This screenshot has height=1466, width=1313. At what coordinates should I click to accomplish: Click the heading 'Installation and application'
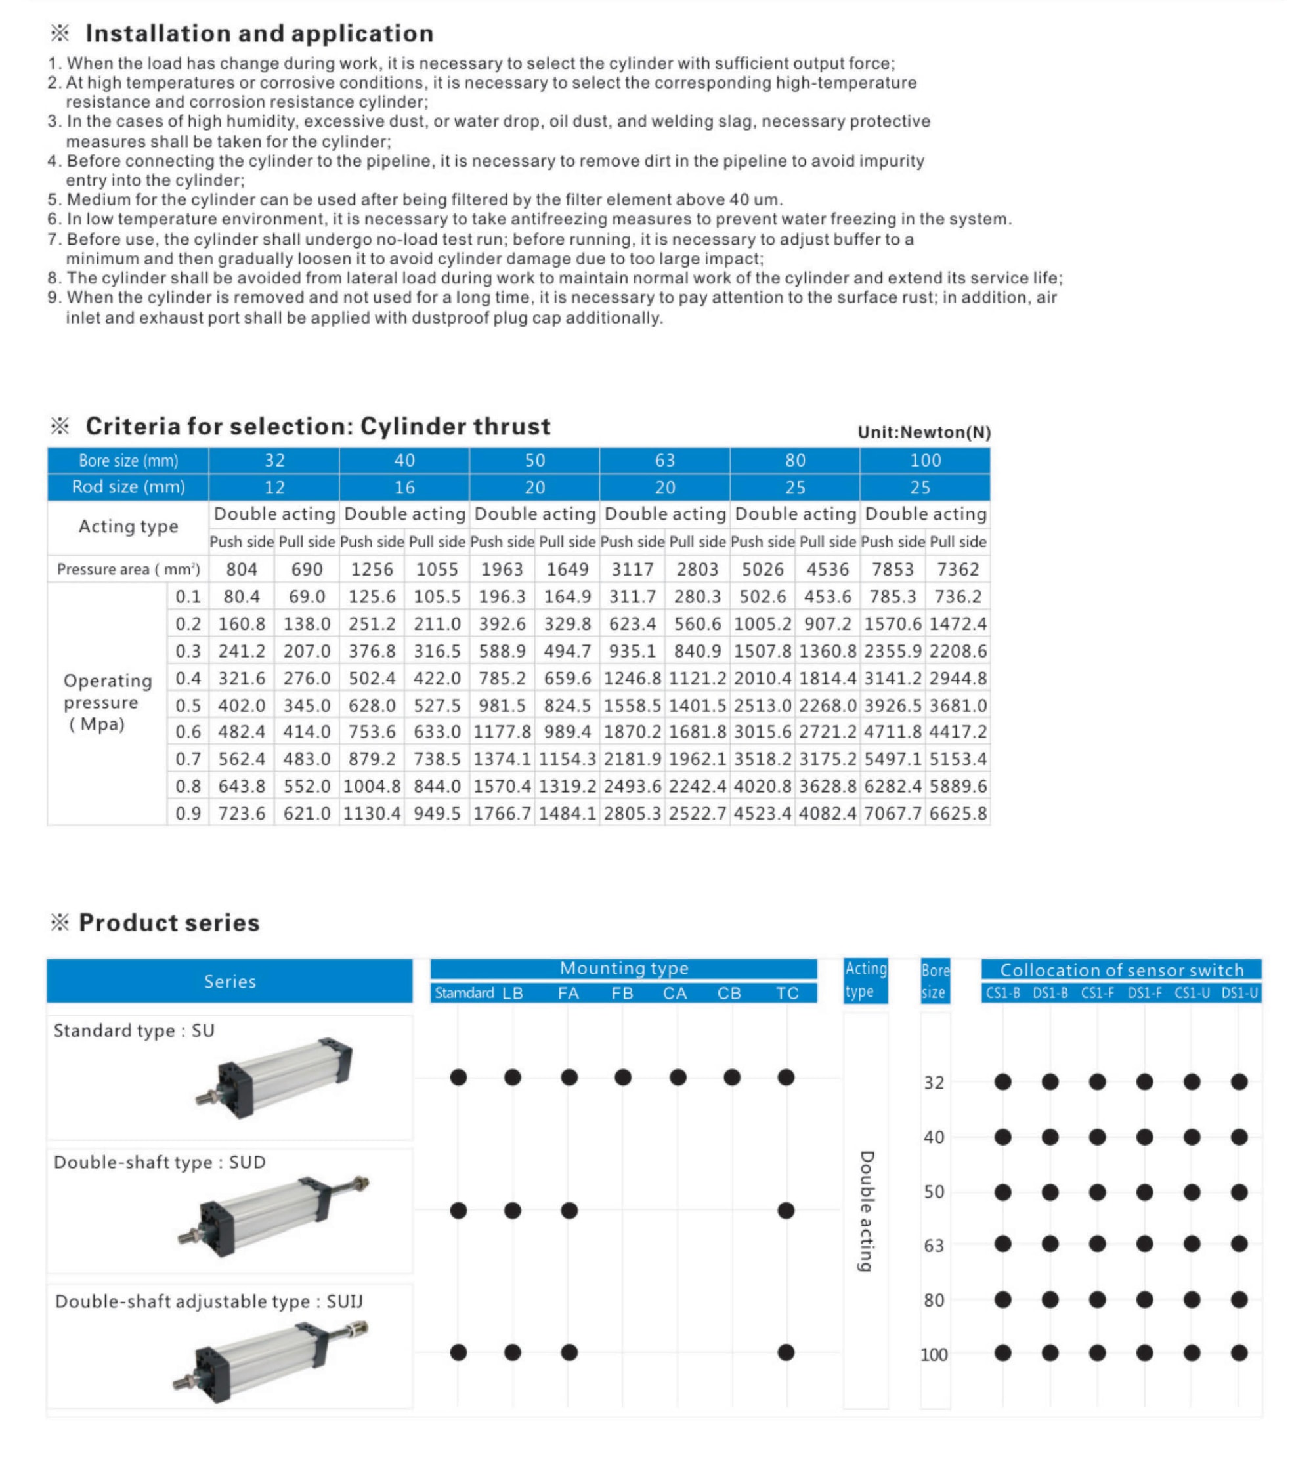(x=259, y=33)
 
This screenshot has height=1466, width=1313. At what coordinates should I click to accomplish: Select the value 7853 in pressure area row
(x=892, y=570)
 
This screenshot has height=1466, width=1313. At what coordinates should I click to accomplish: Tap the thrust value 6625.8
(x=957, y=814)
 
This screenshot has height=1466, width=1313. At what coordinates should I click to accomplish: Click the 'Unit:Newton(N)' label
(x=924, y=432)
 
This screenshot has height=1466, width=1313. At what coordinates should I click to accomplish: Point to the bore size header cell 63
(x=664, y=461)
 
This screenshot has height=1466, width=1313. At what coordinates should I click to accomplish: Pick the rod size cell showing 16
(x=404, y=488)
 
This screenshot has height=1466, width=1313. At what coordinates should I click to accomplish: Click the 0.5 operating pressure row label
(x=188, y=706)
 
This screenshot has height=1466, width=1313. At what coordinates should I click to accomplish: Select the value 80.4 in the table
(x=242, y=597)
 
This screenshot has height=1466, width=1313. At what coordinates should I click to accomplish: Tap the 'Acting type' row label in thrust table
(x=129, y=527)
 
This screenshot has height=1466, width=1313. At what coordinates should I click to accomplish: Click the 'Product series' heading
(x=169, y=923)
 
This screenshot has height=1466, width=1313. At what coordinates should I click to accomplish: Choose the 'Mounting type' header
(x=624, y=969)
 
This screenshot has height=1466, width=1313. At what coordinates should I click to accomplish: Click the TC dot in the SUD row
(x=786, y=1211)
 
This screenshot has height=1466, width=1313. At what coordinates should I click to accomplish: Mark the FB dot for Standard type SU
(x=623, y=1078)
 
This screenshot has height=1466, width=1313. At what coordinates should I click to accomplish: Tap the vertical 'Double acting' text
(x=867, y=1211)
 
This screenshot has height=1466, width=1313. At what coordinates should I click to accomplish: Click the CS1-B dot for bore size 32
(x=1002, y=1081)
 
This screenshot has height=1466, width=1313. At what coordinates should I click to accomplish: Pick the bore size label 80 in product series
(x=934, y=1300)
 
